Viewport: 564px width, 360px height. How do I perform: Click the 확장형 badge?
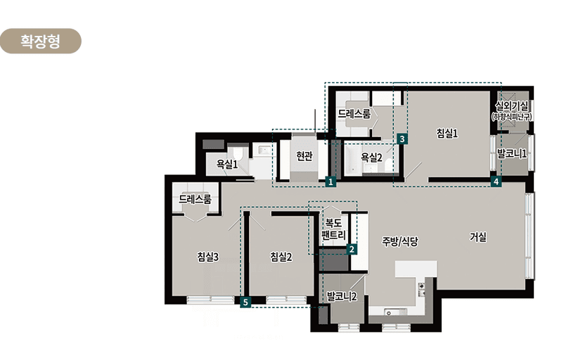click(x=40, y=41)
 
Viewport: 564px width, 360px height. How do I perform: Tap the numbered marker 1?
click(x=331, y=181)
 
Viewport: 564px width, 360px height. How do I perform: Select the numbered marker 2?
click(x=352, y=249)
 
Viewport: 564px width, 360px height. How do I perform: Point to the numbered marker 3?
click(x=402, y=139)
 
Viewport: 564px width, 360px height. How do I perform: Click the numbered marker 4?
click(x=496, y=181)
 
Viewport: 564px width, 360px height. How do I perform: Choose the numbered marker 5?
click(x=245, y=302)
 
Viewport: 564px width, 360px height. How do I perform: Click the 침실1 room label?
click(x=447, y=134)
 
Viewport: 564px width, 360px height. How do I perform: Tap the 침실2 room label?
click(x=281, y=257)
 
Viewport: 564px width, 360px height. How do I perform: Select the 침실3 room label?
click(x=207, y=257)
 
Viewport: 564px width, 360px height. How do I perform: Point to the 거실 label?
click(x=478, y=237)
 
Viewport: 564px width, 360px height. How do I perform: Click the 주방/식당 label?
click(x=400, y=241)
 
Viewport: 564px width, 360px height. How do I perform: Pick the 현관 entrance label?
click(x=305, y=156)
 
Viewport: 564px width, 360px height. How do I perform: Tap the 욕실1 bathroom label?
click(x=226, y=165)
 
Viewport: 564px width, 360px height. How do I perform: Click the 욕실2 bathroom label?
click(x=371, y=157)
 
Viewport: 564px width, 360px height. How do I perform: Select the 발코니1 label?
click(x=512, y=153)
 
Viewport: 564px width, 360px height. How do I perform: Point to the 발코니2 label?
click(x=342, y=297)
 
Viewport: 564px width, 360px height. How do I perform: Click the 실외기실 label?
click(x=511, y=106)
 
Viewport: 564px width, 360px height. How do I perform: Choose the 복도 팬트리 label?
click(x=333, y=229)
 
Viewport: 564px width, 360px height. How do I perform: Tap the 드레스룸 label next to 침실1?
click(x=354, y=114)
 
